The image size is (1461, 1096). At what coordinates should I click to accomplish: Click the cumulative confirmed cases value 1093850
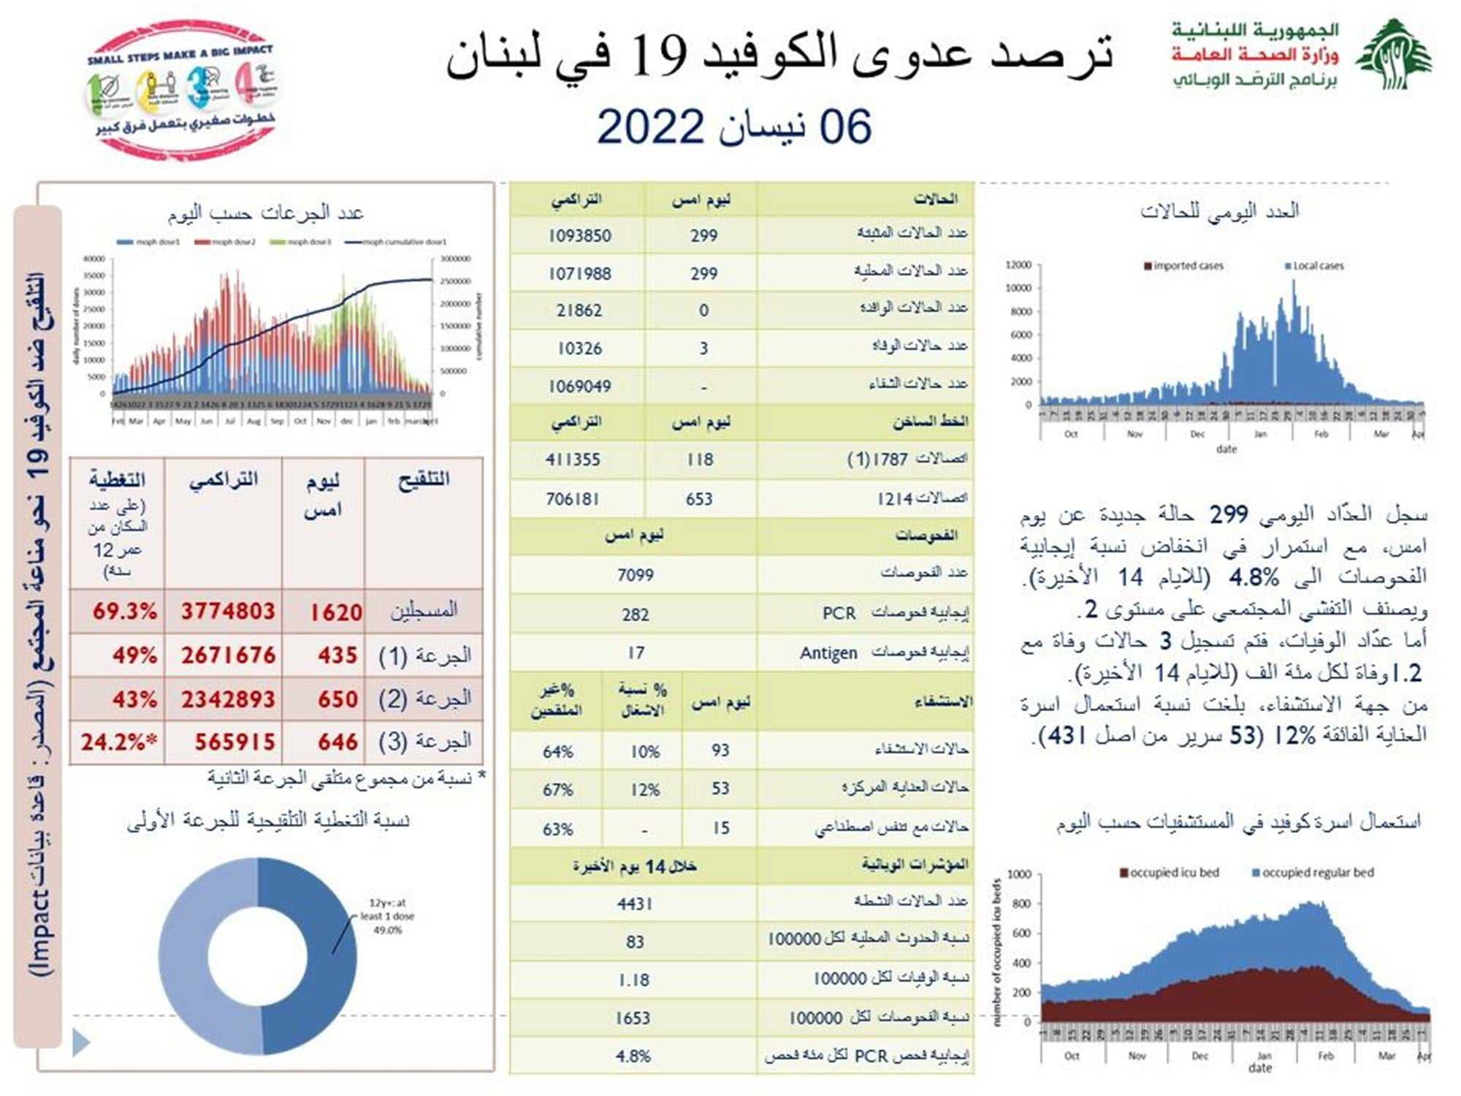point(579,236)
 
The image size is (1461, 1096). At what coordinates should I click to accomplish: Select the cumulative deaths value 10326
point(579,349)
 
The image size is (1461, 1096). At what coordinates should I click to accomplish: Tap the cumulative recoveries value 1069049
point(579,387)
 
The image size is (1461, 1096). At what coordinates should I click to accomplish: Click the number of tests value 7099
point(635,576)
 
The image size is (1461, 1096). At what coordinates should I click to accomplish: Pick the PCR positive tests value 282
point(635,614)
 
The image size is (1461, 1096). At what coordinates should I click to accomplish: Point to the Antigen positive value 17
point(636,652)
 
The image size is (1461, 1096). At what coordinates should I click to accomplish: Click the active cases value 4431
point(634,905)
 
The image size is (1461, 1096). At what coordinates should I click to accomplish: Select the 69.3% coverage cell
point(124,612)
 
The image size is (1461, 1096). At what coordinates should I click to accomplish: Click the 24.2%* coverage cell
point(119,742)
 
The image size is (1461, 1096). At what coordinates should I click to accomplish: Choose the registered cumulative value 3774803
point(228,612)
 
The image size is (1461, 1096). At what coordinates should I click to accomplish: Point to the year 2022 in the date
point(650,126)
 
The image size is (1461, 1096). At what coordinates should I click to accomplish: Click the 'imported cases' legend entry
point(1183,266)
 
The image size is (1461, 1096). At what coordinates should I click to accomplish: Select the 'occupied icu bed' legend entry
point(1170,872)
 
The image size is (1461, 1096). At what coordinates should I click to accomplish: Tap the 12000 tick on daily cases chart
point(1018,265)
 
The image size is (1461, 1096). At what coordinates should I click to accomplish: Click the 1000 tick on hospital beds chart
point(1019,875)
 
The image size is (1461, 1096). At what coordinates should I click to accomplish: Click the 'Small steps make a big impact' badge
point(183,89)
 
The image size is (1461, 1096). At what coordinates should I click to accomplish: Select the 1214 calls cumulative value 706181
point(572,499)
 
